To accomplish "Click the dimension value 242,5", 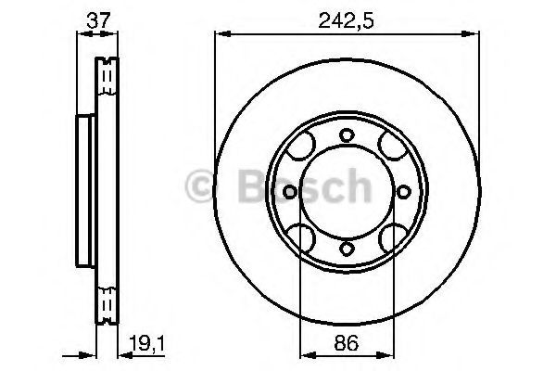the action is point(346,21).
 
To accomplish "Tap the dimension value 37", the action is point(99,20).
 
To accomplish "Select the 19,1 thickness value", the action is point(146,343).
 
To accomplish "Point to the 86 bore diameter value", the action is point(347,343).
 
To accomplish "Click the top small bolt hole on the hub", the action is point(347,135).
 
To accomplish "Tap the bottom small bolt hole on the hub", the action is point(347,249).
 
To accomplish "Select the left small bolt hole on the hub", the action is point(290,192).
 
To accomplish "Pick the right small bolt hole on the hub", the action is point(403,192).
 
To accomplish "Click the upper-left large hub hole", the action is point(300,146).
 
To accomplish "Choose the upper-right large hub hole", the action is point(393,146).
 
